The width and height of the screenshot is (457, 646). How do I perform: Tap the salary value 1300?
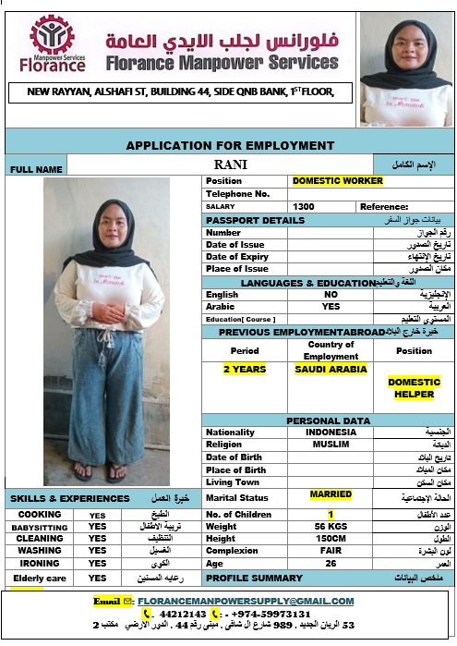303,207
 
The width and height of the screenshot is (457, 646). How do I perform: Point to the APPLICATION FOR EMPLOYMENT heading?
230,145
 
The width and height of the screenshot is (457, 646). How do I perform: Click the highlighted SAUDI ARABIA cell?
331,369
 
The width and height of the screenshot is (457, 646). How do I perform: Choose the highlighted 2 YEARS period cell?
245,369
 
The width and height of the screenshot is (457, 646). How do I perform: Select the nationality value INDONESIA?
331,432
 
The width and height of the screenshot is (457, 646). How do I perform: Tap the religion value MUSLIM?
331,444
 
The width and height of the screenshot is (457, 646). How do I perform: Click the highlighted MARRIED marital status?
331,494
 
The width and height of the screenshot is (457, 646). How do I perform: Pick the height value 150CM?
331,539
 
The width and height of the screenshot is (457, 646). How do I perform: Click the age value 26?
331,563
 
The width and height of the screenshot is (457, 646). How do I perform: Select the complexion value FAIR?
331,551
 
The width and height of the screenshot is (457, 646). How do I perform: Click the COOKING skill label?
40,514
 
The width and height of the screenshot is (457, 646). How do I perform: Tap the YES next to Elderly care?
97,578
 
